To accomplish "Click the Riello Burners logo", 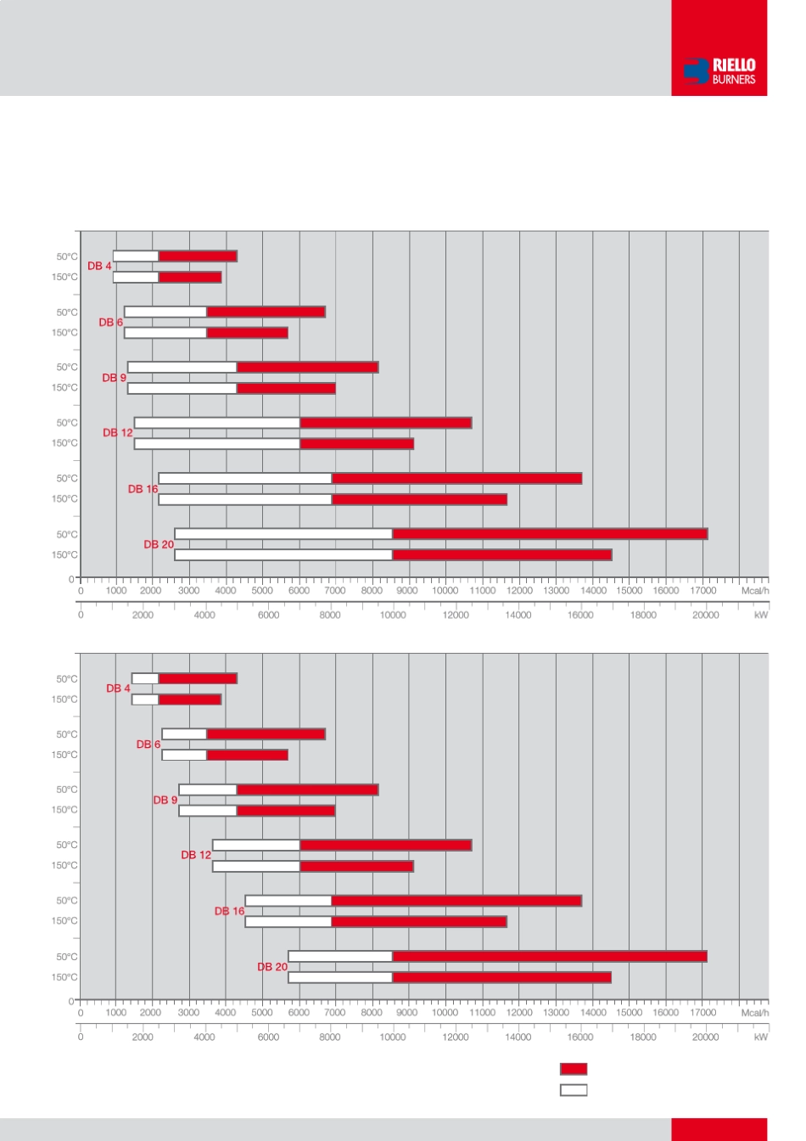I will pos(719,71).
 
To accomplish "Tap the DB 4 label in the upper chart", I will pos(99,266).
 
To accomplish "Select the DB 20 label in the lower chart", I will pos(272,967).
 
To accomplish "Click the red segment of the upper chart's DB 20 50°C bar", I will pos(550,534).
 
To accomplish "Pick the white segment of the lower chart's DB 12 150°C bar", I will pos(256,867).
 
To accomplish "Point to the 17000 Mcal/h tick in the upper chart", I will pos(702,591).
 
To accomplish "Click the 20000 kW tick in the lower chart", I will pos(705,1037).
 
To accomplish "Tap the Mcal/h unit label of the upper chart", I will pos(754,591).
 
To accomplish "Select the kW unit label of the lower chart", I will pos(761,1037).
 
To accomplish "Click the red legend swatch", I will pos(574,1069).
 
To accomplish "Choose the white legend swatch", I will pos(574,1089).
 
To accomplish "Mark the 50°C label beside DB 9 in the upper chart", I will pos(67,368).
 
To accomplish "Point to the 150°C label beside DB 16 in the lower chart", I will pos(64,921).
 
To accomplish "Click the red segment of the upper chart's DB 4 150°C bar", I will pos(190,278).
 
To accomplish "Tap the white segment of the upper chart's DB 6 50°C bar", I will pos(165,312).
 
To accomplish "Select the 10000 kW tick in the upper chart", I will pos(393,615).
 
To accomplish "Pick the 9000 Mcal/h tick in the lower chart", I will pos(407,1013).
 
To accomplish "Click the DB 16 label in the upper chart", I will pos(143,489).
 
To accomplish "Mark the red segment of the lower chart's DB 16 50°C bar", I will pos(456,901).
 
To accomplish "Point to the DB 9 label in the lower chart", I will pos(165,800).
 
